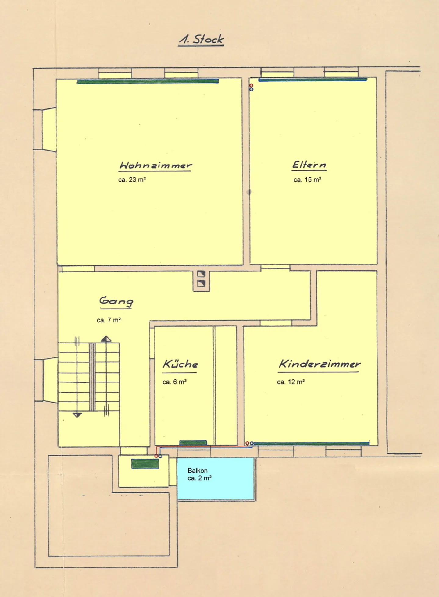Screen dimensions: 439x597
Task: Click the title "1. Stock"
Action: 201,40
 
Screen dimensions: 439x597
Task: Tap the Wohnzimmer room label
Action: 155,165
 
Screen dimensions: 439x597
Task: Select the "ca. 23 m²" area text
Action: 132,180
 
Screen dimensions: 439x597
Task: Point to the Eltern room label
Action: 309,165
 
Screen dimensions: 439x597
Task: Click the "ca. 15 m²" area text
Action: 307,180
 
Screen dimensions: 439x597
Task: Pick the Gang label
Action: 116,302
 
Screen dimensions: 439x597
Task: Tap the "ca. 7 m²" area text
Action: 109,320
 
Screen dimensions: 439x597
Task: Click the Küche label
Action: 180,365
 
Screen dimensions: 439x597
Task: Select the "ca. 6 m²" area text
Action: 174,382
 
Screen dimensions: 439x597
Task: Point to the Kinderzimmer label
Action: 319,364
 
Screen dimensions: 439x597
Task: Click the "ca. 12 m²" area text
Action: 291,382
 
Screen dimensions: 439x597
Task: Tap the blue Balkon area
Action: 216,478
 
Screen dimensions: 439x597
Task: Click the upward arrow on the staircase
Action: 106,339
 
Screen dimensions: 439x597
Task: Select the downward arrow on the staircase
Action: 77,414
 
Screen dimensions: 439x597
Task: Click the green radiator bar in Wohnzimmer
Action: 148,81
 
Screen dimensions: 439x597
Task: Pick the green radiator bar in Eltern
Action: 313,80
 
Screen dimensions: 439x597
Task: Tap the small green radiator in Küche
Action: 193,442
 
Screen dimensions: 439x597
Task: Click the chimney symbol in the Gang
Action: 201,279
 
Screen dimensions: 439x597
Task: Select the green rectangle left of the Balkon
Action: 145,464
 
